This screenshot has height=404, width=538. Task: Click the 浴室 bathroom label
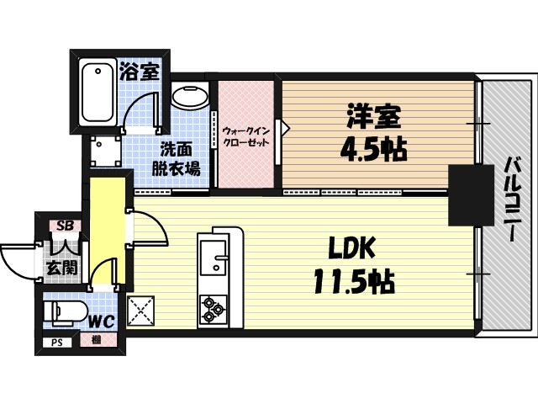pos(139,71)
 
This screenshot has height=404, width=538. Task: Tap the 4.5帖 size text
pos(373,149)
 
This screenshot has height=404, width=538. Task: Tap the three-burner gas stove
pos(212,309)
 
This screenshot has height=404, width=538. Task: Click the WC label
pos(101,321)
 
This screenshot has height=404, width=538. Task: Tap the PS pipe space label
pos(57,342)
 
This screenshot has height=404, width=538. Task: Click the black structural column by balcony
pos(471,195)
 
